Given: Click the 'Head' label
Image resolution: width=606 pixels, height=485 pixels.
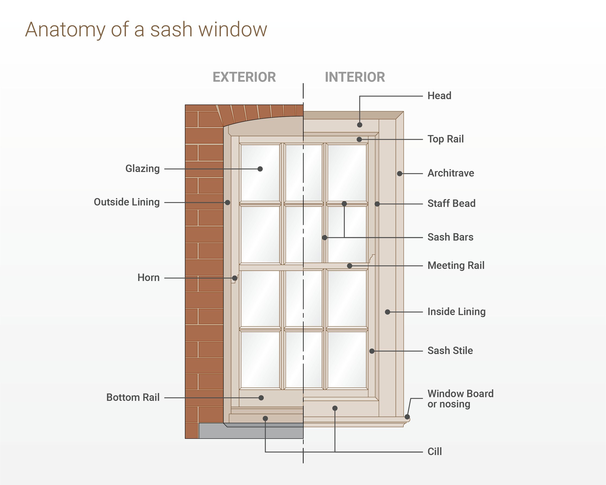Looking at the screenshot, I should click(x=439, y=96).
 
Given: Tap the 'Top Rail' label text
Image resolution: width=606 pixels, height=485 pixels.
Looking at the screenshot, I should click(x=446, y=139).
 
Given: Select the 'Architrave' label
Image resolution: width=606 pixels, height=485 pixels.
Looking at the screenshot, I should click(x=451, y=173).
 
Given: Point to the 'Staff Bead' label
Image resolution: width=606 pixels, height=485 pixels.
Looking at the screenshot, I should click(x=452, y=204).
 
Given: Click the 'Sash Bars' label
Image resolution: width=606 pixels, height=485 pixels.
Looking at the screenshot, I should click(x=450, y=237).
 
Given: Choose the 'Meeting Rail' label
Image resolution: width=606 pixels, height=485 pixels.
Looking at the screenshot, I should click(x=456, y=265).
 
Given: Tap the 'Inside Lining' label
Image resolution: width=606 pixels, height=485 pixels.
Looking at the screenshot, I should click(x=456, y=312).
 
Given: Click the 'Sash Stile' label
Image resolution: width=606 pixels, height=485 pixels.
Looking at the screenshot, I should click(x=450, y=351).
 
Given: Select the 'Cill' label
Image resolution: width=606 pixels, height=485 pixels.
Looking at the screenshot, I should click(x=434, y=452).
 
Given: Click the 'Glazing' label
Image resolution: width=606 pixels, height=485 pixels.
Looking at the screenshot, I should click(x=143, y=169).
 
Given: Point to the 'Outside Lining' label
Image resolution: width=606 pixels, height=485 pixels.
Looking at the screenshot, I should click(x=127, y=202).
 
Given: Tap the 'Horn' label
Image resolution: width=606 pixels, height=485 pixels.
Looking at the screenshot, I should click(x=149, y=278).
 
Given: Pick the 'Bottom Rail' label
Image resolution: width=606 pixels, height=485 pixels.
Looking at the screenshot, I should click(x=133, y=398).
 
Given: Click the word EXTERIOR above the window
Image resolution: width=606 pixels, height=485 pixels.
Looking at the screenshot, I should click(x=244, y=77).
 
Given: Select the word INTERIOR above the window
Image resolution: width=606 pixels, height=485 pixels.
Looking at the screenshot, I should click(x=355, y=77).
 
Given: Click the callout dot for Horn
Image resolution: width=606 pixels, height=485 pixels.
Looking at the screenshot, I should click(x=235, y=278).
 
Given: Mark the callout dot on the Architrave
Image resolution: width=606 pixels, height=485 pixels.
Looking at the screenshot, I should click(x=399, y=174).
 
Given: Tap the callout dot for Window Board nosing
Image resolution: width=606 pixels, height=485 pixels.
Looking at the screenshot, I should click(x=407, y=417).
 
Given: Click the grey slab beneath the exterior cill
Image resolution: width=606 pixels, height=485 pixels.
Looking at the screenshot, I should click(x=250, y=433).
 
